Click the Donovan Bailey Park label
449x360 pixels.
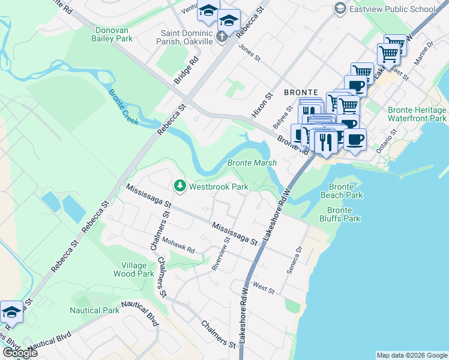[x=113, y=34]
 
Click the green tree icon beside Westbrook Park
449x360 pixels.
[x=179, y=187]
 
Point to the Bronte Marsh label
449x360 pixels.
[x=252, y=163]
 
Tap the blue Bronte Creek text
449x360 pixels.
[x=123, y=107]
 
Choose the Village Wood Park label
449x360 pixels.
[x=133, y=269]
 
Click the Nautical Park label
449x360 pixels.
[x=94, y=310]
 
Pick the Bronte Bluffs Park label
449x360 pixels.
[x=343, y=214]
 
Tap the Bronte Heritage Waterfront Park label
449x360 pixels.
[x=417, y=114]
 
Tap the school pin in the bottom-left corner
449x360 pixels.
[x=12, y=312]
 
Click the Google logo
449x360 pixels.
[x=19, y=353]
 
